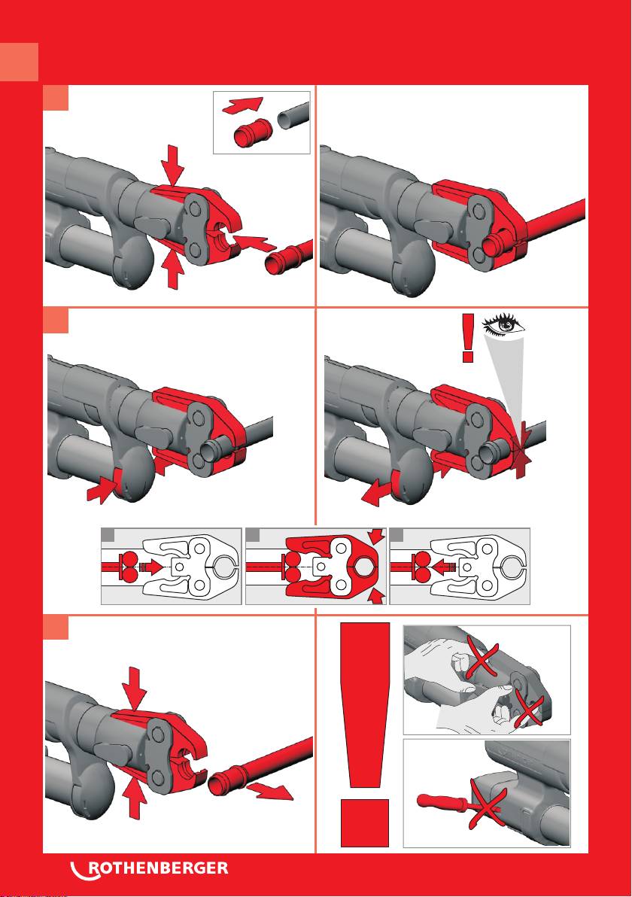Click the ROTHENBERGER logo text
click(x=149, y=868)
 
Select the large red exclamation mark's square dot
click(x=365, y=823)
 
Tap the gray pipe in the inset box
click(x=293, y=116)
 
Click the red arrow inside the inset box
click(x=242, y=105)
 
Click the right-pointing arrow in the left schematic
click(x=150, y=567)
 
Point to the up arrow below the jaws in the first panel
click(x=173, y=272)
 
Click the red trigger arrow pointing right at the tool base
click(x=101, y=491)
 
